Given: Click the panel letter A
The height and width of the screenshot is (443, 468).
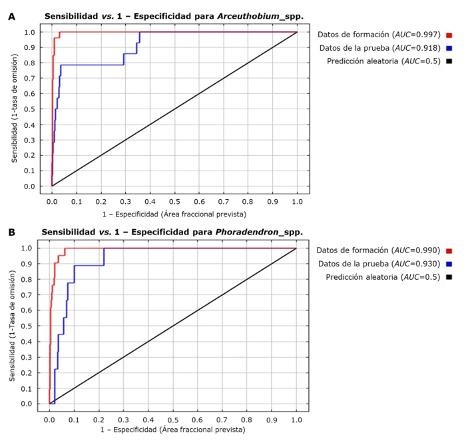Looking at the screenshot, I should coord(11,15).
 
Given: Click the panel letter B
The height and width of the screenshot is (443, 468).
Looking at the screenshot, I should coord(11,232).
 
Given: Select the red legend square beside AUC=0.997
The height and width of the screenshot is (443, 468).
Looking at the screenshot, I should coord(449,35).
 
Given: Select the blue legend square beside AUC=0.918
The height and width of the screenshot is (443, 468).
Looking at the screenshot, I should coord(449,48).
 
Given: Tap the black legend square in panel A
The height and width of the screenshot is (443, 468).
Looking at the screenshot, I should coord(449,61).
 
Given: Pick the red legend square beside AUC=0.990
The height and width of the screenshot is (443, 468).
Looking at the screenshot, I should coord(449,251).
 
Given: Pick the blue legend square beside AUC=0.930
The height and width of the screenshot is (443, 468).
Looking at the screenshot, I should coord(449,264).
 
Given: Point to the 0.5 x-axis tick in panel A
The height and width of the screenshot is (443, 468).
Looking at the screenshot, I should coord(174,200).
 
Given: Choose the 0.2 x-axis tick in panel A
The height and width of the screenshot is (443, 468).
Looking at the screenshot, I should coord(101,200).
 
